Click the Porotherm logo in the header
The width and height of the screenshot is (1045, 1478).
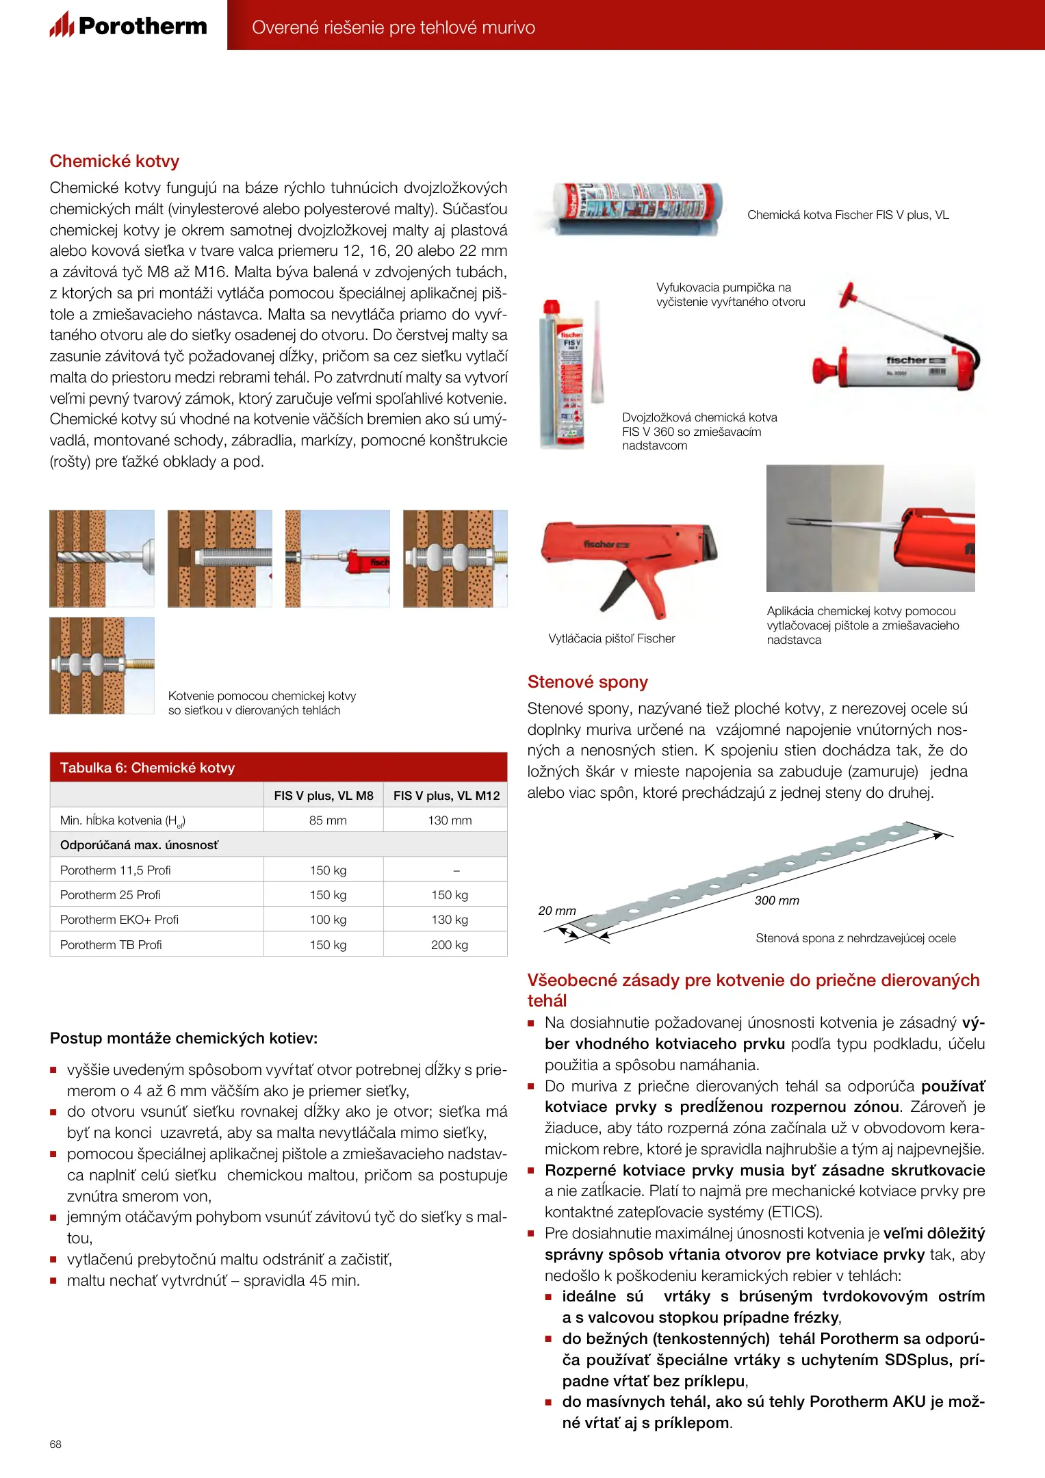(x=129, y=26)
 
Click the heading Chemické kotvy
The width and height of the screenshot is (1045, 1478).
(x=114, y=161)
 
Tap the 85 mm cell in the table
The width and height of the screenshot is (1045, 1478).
(x=328, y=820)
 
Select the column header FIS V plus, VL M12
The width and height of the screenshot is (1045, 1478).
(x=446, y=796)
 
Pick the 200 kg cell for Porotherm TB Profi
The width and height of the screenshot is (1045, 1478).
(x=449, y=945)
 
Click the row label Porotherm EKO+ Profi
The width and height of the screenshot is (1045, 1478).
(x=119, y=920)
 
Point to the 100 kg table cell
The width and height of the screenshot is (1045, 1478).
(x=328, y=920)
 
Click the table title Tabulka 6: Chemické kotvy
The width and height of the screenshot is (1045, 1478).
(x=147, y=768)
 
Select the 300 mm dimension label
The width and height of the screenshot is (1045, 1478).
(x=777, y=900)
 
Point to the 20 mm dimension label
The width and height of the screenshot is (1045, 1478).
(x=556, y=911)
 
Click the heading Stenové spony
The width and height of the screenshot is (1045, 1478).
(x=587, y=682)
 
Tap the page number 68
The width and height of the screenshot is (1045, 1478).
(x=55, y=1444)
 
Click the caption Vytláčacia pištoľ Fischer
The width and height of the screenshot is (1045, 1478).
(x=611, y=638)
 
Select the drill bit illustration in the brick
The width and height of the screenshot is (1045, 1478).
(x=102, y=558)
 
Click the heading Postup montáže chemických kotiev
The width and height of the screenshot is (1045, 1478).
(x=183, y=1039)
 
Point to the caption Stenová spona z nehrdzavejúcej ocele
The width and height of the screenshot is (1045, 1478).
(x=855, y=938)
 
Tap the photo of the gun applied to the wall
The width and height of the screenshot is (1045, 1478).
(x=870, y=528)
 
